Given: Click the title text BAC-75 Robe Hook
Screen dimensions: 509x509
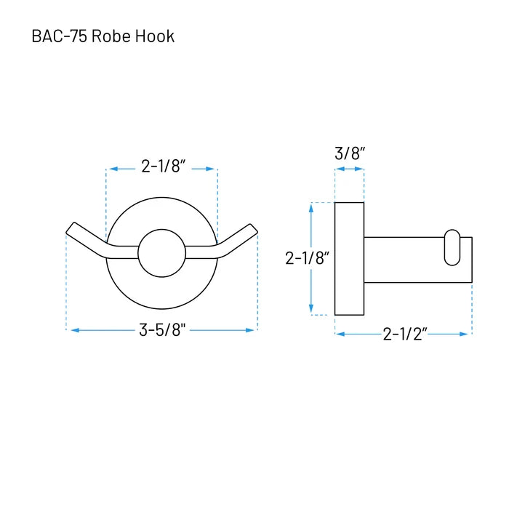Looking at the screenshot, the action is pyautogui.click(x=103, y=36).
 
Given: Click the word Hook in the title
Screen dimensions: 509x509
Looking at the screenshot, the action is pyautogui.click(x=155, y=36).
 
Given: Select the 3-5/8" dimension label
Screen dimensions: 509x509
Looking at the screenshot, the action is pyautogui.click(x=162, y=330).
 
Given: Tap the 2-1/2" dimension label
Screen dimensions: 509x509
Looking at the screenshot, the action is pyautogui.click(x=405, y=334).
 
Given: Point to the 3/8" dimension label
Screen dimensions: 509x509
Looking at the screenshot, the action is pyautogui.click(x=350, y=153).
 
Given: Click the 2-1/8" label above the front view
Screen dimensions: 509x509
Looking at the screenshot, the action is pyautogui.click(x=164, y=167).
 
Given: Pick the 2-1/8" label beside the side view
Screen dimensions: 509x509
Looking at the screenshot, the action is pyautogui.click(x=308, y=258).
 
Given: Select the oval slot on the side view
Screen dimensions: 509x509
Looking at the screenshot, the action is pyautogui.click(x=452, y=247).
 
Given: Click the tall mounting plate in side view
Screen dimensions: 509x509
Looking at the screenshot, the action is pyautogui.click(x=349, y=259).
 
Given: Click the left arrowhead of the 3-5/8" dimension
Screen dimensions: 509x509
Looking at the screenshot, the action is pyautogui.click(x=75, y=330).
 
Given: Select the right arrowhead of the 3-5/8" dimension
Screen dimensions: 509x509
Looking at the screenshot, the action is pyautogui.click(x=249, y=330).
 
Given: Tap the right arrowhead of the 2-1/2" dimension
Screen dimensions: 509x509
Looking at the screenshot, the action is pyautogui.click(x=464, y=334).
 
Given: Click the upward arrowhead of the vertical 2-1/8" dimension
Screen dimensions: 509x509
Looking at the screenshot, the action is pyautogui.click(x=311, y=208).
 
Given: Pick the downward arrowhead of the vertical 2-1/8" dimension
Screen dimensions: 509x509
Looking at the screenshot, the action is pyautogui.click(x=311, y=309).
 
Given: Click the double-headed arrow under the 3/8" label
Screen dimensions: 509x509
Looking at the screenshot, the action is pyautogui.click(x=350, y=169).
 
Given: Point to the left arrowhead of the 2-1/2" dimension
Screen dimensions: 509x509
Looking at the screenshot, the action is pyautogui.click(x=340, y=334).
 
